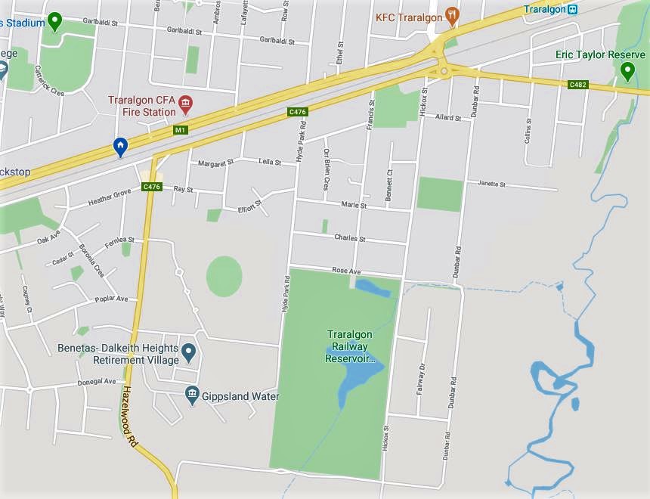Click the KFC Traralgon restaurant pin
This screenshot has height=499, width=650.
pos(452,14)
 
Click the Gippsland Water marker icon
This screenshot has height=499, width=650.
pos(191,394)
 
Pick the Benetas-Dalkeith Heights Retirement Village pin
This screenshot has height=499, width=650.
pos(189,352)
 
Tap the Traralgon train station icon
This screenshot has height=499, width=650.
pos(573,9)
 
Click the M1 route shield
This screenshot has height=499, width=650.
pos(180,130)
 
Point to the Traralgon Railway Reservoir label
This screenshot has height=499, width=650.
pos(350,346)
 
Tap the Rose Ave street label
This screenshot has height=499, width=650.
pos(346,271)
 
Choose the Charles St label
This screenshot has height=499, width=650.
pos(350,238)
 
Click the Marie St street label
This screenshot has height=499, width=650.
pos(353,205)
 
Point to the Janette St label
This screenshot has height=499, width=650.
pos(496,184)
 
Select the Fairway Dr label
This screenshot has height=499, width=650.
pos(420,379)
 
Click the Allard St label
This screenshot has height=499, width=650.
pos(447,118)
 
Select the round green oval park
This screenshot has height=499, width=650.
pos(224,276)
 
